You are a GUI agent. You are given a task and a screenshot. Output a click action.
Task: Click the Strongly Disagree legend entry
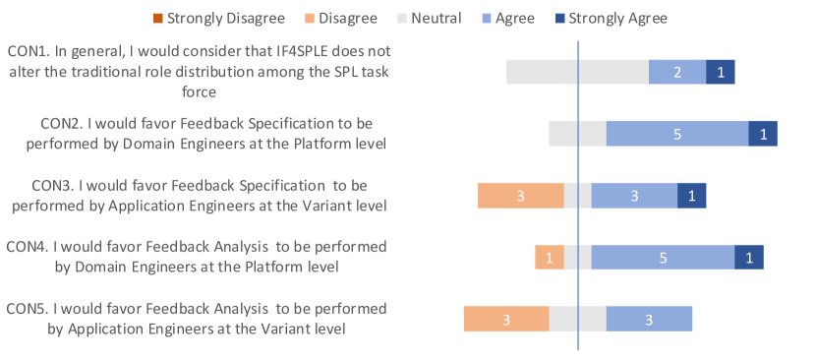218,19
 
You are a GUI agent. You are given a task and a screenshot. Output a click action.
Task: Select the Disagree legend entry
340,19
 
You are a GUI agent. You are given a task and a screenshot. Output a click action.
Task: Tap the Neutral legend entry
429,19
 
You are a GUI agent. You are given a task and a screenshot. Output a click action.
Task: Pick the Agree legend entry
507,19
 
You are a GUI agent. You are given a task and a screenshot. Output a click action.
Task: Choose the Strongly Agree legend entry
610,19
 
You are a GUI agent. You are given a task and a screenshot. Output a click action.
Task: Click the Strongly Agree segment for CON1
721,72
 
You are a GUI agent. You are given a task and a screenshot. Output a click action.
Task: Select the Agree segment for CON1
677,72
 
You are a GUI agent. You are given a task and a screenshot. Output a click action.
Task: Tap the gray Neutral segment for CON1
578,72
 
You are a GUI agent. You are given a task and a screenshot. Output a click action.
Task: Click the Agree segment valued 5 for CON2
677,134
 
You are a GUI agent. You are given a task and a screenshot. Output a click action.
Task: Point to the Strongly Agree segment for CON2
763,134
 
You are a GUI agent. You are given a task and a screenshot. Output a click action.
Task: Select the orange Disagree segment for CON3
521,196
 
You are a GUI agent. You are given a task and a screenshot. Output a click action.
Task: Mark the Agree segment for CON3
634,196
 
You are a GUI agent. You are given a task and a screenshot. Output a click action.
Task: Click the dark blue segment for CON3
691,196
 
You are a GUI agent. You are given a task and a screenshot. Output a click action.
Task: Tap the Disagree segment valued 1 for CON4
550,258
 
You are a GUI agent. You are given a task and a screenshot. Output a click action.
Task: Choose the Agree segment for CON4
663,258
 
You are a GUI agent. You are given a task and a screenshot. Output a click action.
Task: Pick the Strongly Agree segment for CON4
749,258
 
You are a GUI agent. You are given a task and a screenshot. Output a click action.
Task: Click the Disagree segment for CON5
506,319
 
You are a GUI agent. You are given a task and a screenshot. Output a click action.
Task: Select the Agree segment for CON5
649,319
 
